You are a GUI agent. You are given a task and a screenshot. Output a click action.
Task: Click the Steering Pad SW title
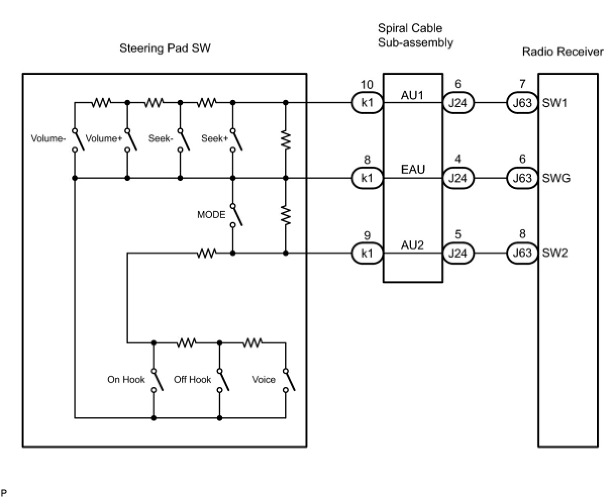(x=165, y=48)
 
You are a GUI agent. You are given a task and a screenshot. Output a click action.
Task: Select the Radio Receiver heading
(x=563, y=52)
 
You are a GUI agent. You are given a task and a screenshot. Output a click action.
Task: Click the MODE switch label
(x=211, y=215)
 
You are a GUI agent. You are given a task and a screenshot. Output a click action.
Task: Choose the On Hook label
(x=126, y=379)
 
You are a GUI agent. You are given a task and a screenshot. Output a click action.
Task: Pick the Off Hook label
(x=192, y=379)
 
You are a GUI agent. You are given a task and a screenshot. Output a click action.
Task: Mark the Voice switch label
(x=264, y=379)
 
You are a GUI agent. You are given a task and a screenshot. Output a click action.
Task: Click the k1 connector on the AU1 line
(x=367, y=103)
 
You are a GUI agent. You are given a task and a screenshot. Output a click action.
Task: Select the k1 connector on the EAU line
(x=367, y=178)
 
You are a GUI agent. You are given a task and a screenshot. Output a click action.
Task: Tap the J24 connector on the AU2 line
(x=458, y=253)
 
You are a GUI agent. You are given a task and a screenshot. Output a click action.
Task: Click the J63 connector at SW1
(x=522, y=103)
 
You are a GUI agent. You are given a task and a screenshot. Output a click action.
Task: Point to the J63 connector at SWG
(x=522, y=178)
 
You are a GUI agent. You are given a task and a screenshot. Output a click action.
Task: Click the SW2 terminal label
(x=555, y=253)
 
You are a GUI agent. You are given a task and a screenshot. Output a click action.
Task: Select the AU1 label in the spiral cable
(x=413, y=94)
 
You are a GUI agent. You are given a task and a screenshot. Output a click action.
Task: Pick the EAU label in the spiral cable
(x=413, y=169)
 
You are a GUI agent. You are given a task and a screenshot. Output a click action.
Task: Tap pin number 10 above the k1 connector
(x=367, y=84)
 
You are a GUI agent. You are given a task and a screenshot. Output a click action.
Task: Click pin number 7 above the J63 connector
(x=522, y=84)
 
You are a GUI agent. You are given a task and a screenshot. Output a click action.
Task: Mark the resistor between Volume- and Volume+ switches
(x=101, y=103)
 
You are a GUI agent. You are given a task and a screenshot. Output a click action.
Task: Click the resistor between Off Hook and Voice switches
(x=252, y=343)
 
